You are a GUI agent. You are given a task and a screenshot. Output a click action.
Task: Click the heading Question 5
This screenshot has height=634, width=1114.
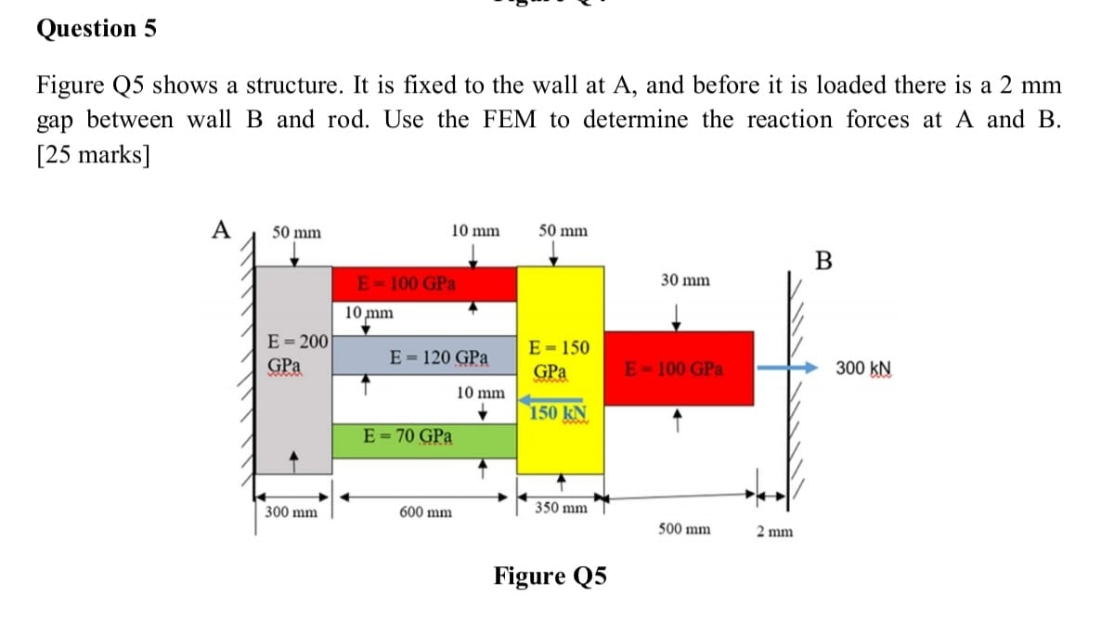click(97, 29)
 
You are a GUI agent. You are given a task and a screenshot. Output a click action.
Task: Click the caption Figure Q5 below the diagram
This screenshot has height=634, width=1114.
click(551, 576)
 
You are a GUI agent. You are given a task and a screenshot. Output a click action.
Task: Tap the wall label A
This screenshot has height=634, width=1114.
click(220, 229)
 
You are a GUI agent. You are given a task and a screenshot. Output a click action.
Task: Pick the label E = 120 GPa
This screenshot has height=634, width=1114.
click(440, 356)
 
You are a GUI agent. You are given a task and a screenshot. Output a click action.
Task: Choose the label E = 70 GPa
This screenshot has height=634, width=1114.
click(408, 435)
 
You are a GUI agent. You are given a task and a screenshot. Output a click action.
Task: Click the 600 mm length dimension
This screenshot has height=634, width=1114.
click(425, 511)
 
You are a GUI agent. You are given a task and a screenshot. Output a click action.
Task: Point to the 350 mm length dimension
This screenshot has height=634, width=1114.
click(562, 508)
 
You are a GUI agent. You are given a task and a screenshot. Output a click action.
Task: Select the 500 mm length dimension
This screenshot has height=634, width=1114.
click(684, 529)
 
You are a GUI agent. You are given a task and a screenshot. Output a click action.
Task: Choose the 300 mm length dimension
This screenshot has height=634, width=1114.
click(289, 511)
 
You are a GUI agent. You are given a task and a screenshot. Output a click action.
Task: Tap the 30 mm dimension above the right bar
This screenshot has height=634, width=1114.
click(685, 279)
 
